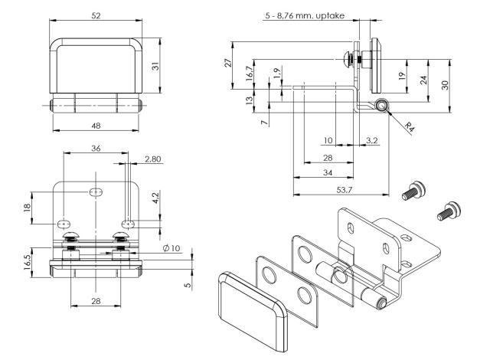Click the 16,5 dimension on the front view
28,262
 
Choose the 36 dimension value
95,149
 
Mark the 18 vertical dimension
28,207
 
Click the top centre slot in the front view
94,191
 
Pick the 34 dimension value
326,172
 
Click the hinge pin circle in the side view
381,104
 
